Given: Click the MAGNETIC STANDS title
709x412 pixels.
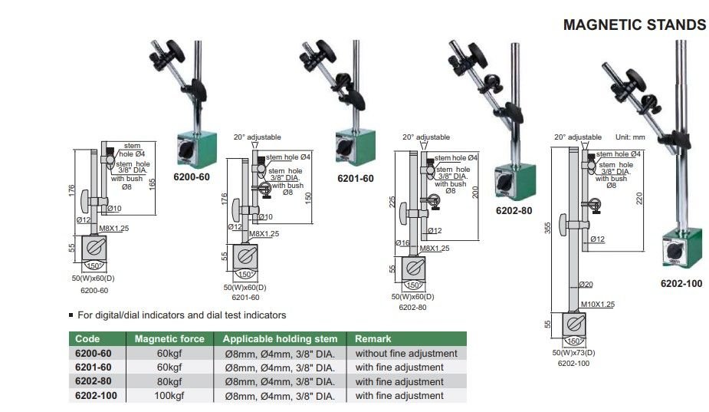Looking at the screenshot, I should click(634, 25).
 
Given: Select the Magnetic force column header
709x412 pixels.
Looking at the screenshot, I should click(169, 338).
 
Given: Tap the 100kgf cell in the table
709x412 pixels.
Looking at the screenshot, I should click(169, 396).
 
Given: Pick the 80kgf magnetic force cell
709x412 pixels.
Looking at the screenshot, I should click(169, 381).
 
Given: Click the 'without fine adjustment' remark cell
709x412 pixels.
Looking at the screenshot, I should click(406, 354).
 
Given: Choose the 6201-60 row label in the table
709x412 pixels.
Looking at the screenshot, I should click(94, 368).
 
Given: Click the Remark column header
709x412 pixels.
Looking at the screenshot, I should click(373, 338).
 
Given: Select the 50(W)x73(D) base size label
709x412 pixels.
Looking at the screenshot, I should click(573, 353).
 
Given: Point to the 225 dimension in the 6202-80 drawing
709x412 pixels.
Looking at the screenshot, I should click(393, 201).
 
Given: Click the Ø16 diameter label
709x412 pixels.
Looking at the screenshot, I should click(403, 243).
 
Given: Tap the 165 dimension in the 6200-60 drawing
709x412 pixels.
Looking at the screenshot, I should click(153, 185).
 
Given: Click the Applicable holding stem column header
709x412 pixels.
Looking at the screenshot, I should click(280, 338).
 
